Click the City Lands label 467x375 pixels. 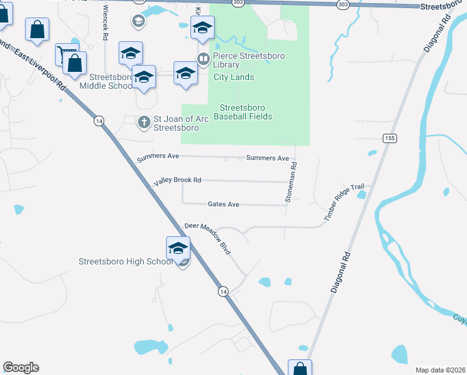pyautogui.click(x=234, y=77)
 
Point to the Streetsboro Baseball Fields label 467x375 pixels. pyautogui.click(x=243, y=111)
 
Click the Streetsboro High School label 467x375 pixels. pyautogui.click(x=125, y=262)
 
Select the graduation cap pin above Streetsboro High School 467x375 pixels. pyautogui.click(x=178, y=248)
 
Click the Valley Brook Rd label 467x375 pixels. pyautogui.click(x=178, y=180)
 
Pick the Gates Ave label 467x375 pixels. pyautogui.click(x=224, y=204)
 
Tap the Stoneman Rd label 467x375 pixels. pyautogui.click(x=291, y=182)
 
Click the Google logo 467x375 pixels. pyautogui.click(x=21, y=367)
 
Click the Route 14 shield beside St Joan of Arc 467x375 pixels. pyautogui.click(x=99, y=121)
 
